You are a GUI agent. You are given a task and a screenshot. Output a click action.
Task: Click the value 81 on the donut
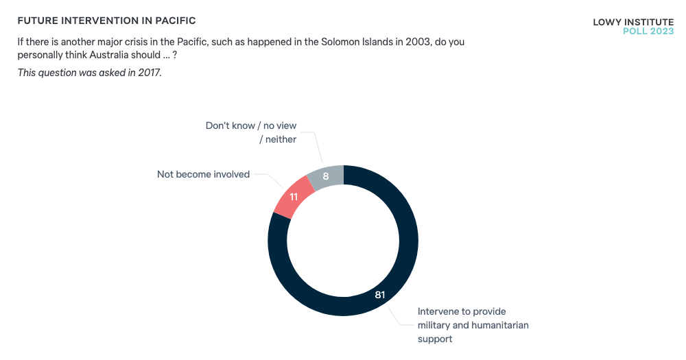[x=380, y=295]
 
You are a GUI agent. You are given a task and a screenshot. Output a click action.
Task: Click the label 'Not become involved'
[x=203, y=174]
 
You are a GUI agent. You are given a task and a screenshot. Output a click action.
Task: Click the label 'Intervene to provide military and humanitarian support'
[x=473, y=325]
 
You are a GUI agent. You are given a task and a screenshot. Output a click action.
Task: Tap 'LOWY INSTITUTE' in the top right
[x=633, y=22]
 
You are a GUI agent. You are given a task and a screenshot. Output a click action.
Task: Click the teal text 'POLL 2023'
[x=648, y=32]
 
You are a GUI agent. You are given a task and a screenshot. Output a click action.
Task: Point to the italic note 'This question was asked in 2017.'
[x=90, y=73]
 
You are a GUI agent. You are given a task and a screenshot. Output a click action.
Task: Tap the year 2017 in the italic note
[x=149, y=73]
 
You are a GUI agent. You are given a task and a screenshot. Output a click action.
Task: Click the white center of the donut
[x=343, y=241]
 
